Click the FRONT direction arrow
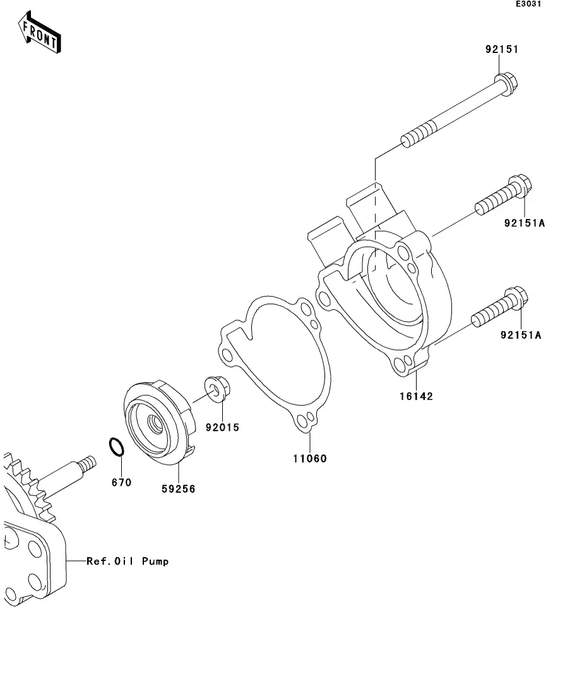coord(39,32)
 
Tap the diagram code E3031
coord(528,4)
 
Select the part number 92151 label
coord(502,49)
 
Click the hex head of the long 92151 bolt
coord(506,83)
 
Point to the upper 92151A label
coord(524,223)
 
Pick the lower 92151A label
coord(521,334)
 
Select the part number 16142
coord(416,396)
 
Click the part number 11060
coord(309,458)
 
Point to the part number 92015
coord(222,427)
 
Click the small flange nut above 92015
coord(217,389)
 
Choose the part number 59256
coord(178,488)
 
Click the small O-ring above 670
coord(116,447)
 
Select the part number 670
coord(121,482)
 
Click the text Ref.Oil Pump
coord(128,561)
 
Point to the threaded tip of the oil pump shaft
coord(88,463)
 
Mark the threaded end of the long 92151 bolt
coord(419,134)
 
